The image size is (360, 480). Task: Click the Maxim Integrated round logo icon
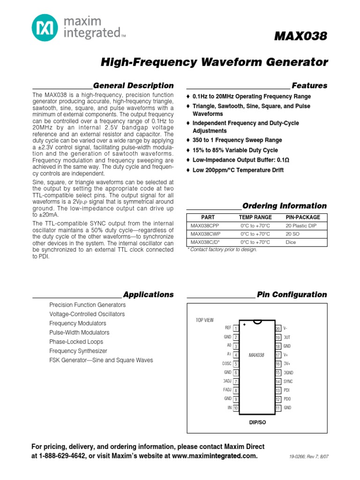45,28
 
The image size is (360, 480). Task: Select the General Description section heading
133,85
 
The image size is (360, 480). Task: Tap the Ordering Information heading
284,206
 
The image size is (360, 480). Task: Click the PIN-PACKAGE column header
302,217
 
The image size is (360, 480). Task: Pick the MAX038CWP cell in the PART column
205,233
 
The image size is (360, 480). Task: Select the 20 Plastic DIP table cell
301,225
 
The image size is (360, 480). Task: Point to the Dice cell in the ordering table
291,242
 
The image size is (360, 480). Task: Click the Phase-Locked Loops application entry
72,342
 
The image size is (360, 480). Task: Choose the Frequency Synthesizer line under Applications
78,351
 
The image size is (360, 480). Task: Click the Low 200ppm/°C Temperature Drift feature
238,170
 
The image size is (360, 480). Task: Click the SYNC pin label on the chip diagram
288,382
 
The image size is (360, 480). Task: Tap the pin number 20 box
278,329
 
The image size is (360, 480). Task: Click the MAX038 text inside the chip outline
256,355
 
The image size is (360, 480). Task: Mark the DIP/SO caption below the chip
257,422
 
